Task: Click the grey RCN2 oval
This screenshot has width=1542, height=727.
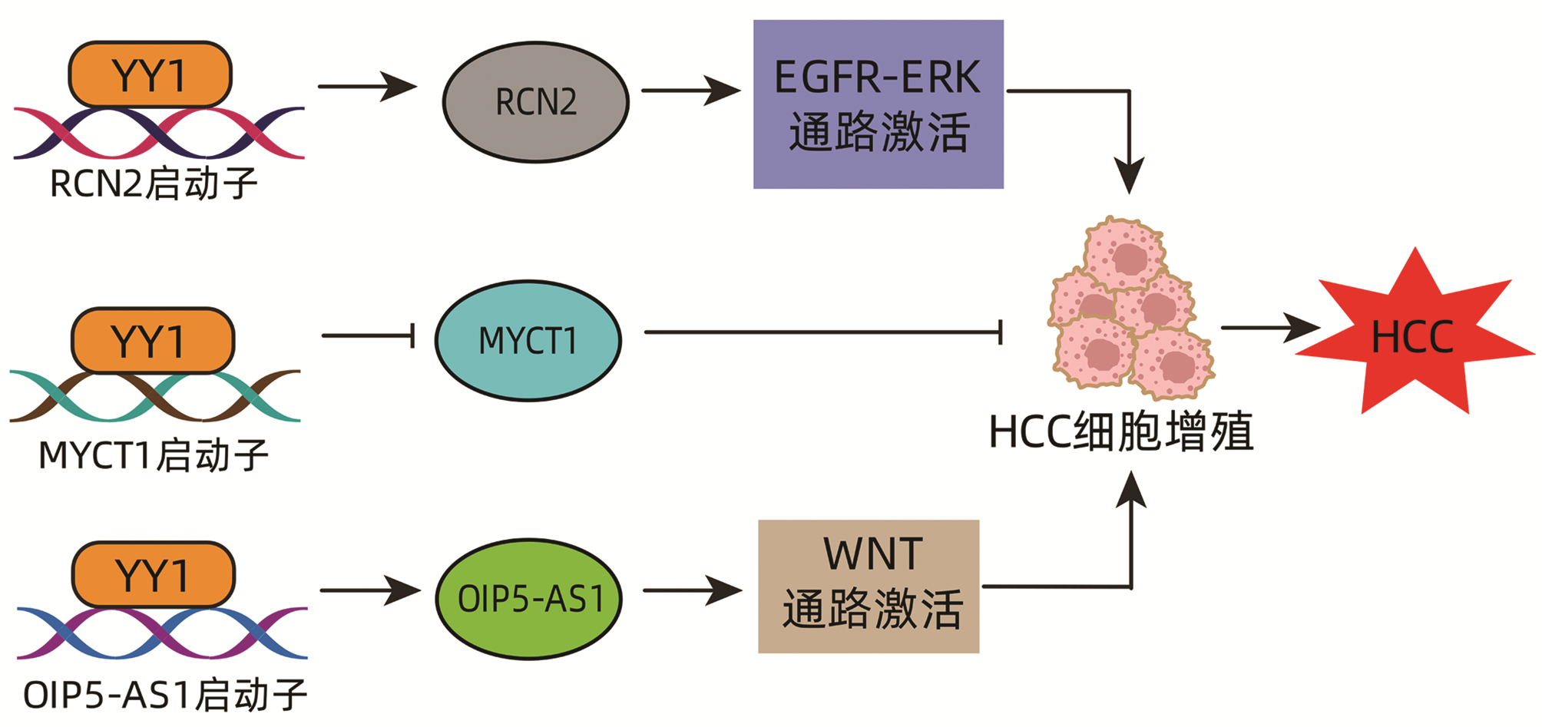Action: pyautogui.click(x=535, y=102)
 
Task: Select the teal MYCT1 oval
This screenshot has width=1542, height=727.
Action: pyautogui.click(x=528, y=340)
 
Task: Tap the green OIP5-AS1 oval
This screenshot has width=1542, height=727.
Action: pyautogui.click(x=529, y=598)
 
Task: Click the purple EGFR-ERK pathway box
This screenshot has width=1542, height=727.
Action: pyautogui.click(x=878, y=104)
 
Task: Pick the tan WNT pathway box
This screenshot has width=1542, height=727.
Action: pyautogui.click(x=869, y=587)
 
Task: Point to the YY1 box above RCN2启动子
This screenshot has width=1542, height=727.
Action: pyautogui.click(x=150, y=74)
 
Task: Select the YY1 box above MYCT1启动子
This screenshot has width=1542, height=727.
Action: pyautogui.click(x=152, y=341)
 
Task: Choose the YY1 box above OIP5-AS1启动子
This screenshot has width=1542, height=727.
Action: pyautogui.click(x=153, y=575)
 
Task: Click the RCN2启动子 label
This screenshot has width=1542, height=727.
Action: pyautogui.click(x=154, y=184)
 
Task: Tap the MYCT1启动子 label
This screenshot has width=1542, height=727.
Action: pyautogui.click(x=154, y=455)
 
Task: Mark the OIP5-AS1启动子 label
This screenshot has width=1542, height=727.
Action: pyautogui.click(x=165, y=695)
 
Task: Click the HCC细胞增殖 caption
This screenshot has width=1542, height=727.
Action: pyautogui.click(x=1121, y=431)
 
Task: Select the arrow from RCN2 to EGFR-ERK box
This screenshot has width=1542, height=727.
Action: pyautogui.click(x=690, y=91)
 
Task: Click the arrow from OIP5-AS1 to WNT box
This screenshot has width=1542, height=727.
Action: pyautogui.click(x=692, y=590)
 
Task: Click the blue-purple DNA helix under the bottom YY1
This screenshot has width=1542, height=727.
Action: pyautogui.click(x=162, y=633)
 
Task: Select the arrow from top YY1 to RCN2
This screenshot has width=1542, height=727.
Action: pyautogui.click(x=366, y=86)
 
